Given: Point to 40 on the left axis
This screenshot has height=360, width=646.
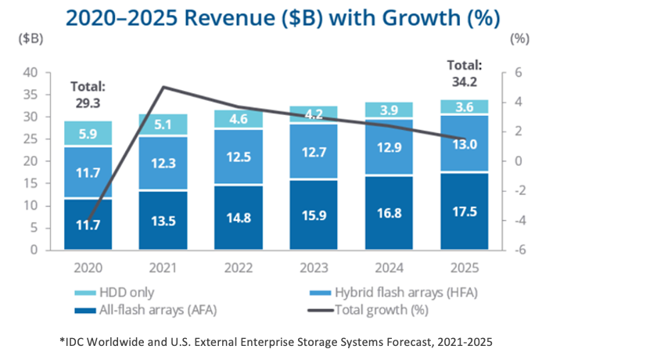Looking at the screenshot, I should pyautogui.click(x=31, y=73).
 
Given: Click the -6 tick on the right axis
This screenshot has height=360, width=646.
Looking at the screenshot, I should pyautogui.click(x=515, y=250).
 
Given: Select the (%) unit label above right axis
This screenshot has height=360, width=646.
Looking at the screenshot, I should pyautogui.click(x=519, y=38).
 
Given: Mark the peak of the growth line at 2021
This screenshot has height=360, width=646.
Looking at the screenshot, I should pyautogui.click(x=163, y=87).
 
